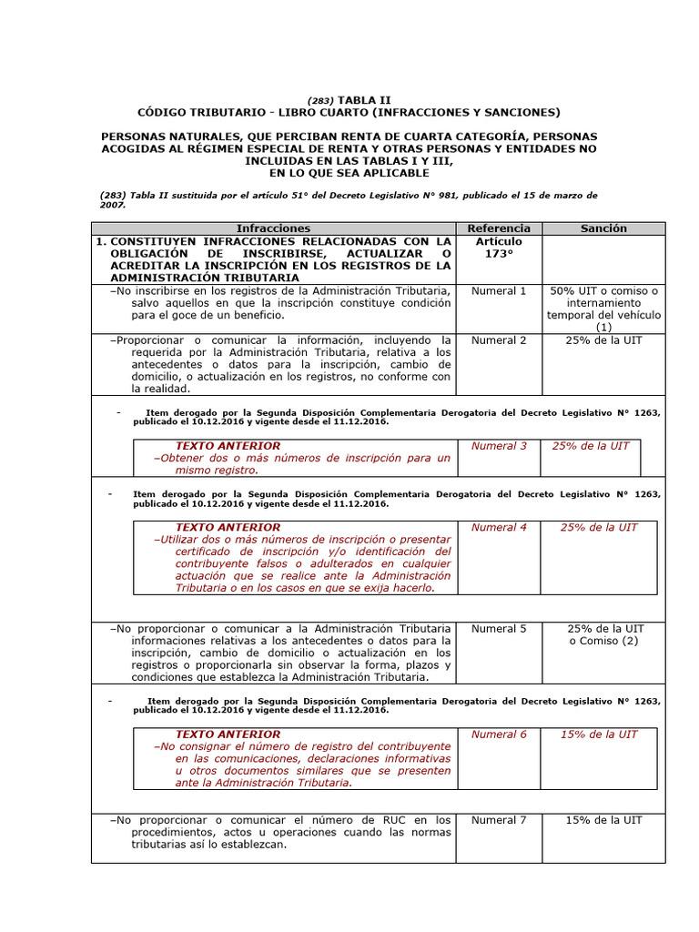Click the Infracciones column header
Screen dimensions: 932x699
click(x=273, y=228)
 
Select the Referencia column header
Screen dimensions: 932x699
click(x=499, y=228)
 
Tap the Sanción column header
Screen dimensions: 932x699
click(x=603, y=228)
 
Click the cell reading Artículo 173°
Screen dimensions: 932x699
click(x=499, y=247)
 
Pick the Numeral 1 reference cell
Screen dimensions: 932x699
click(x=499, y=291)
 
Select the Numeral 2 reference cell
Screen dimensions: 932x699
click(x=499, y=340)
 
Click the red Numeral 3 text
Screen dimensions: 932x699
click(x=499, y=446)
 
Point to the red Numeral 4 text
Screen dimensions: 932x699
click(x=499, y=527)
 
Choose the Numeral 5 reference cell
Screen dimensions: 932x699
click(x=499, y=629)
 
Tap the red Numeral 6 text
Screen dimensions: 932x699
click(x=499, y=734)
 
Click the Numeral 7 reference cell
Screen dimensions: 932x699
click(x=499, y=820)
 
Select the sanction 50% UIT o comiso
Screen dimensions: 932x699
click(x=603, y=291)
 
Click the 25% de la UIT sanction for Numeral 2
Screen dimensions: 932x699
click(x=603, y=340)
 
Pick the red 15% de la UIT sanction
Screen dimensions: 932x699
click(x=599, y=734)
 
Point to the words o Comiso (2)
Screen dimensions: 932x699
click(x=603, y=641)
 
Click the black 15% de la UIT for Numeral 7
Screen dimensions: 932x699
click(x=603, y=820)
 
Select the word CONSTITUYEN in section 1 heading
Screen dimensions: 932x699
click(x=160, y=241)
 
